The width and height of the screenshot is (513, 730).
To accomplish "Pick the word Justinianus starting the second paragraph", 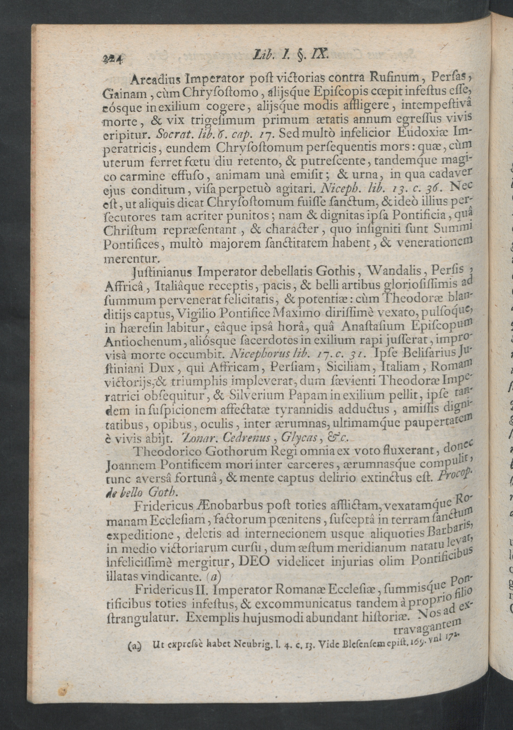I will (162, 272).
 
